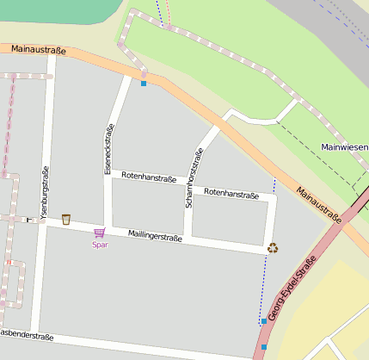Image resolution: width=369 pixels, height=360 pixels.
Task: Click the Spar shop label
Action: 101,245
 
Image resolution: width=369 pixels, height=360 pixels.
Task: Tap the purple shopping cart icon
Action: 100,233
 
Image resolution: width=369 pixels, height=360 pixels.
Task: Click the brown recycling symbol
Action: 273,248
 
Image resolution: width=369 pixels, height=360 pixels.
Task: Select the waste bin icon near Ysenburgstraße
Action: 66,219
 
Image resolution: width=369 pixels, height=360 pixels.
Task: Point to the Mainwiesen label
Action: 344,147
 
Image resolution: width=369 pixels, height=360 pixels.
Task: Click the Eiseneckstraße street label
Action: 109,149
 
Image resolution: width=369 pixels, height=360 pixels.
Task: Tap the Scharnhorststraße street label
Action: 194,178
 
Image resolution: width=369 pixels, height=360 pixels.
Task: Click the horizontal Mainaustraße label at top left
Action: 34,51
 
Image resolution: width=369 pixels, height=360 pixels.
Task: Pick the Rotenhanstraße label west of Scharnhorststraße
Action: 149,178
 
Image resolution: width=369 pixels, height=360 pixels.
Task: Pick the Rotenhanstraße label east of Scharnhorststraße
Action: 231,195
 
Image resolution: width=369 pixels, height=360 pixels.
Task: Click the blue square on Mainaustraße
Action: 144,83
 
